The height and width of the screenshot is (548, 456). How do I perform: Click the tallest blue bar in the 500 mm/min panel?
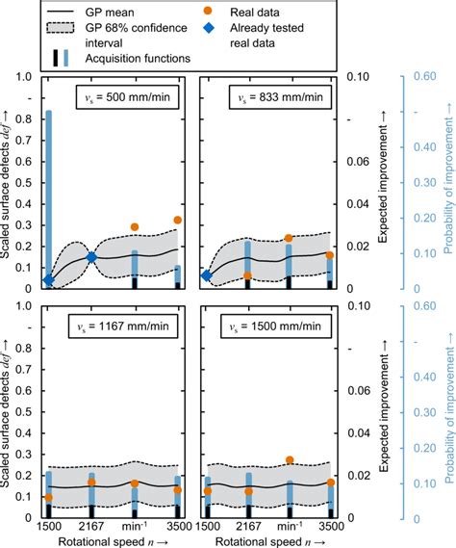49,193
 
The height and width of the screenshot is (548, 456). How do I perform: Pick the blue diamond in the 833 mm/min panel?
206,276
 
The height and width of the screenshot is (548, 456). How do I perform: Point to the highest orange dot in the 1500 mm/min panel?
290,460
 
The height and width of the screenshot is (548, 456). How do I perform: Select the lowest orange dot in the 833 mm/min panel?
247,275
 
